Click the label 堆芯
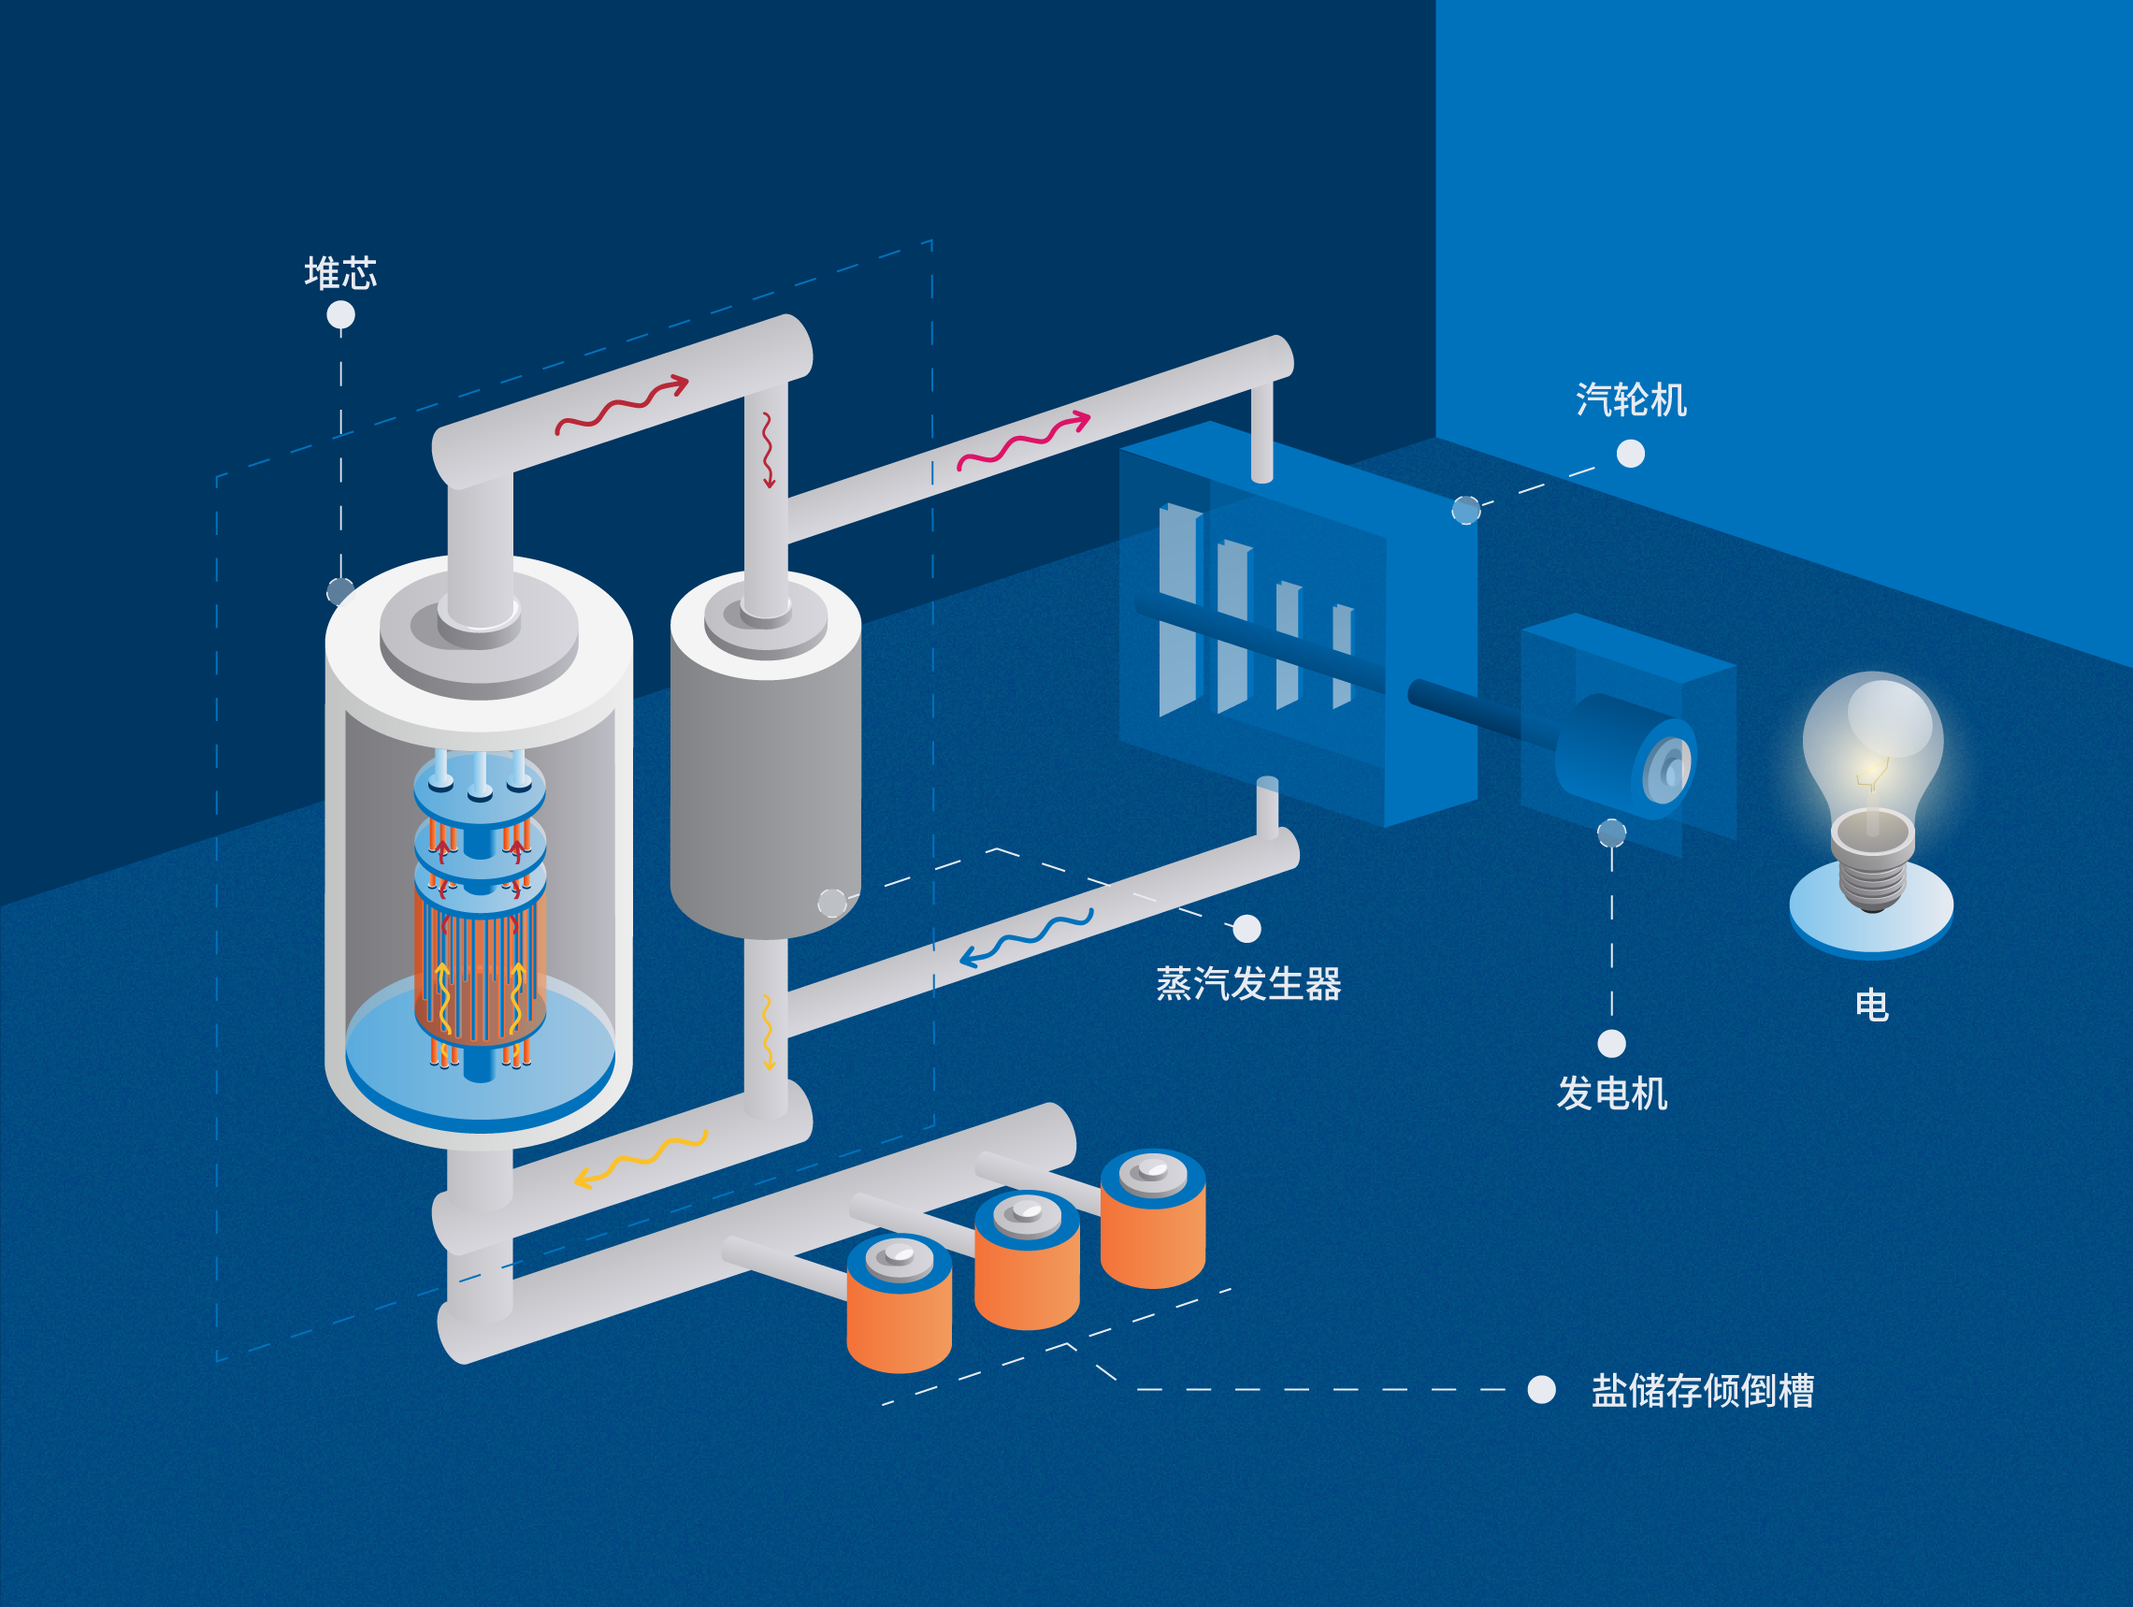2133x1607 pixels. point(340,274)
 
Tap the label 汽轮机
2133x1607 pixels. point(1631,400)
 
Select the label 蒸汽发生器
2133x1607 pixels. point(1248,985)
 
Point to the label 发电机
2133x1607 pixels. point(1611,1093)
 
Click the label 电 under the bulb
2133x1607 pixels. point(1872,1006)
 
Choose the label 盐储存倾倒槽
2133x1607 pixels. point(1702,1391)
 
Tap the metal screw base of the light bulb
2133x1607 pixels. point(1873,868)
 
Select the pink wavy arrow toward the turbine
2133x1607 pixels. point(1022,442)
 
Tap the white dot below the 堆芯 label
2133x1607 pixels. point(340,315)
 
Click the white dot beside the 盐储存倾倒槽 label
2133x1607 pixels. point(1542,1390)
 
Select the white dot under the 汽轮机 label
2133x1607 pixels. point(1631,454)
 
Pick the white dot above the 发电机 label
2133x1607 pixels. point(1611,1044)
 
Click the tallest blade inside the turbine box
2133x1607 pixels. point(1177,608)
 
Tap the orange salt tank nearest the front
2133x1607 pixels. point(899,1311)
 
